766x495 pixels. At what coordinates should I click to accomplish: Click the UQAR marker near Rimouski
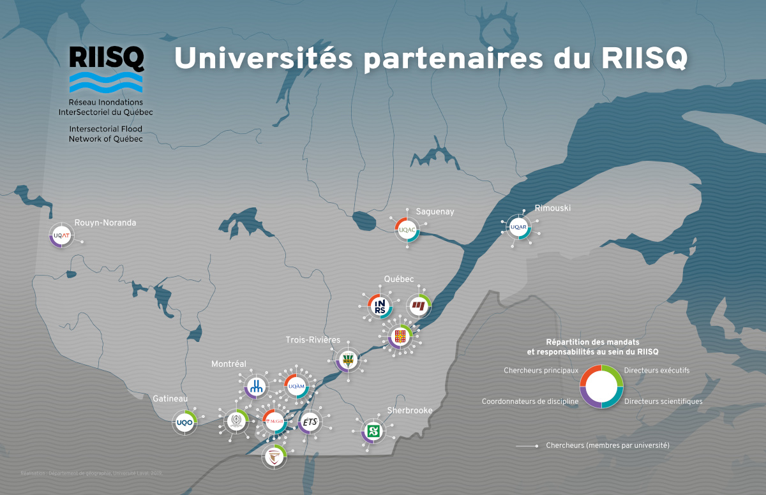[x=519, y=226]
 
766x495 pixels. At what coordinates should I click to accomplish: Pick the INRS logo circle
[x=381, y=306]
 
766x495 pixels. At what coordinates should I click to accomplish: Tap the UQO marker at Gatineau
[x=184, y=422]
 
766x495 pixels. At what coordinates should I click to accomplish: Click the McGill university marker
[x=275, y=420]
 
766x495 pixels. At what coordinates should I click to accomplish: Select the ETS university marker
[x=310, y=422]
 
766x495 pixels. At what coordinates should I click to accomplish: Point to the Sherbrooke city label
[x=410, y=410]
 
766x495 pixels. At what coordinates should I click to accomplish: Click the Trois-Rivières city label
[x=313, y=340]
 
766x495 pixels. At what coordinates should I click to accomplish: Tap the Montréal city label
[x=229, y=364]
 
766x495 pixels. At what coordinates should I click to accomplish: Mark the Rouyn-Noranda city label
[x=105, y=223]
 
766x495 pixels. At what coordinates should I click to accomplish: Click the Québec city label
[x=399, y=279]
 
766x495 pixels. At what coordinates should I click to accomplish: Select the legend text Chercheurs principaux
[x=541, y=371]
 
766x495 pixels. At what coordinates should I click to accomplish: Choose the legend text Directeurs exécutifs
[x=657, y=371]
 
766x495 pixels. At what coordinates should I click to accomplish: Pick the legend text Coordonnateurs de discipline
[x=530, y=402]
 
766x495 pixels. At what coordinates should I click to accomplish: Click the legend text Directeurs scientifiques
[x=663, y=402]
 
